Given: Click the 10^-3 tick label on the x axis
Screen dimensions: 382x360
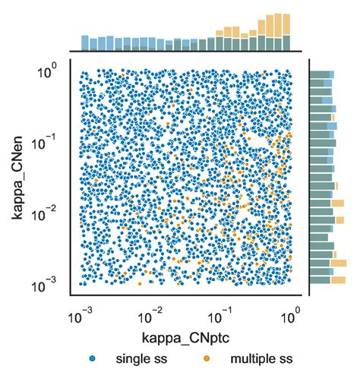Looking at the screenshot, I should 78,313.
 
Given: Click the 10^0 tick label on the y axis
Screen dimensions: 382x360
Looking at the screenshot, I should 47,71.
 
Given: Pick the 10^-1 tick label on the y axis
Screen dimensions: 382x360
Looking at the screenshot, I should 47,142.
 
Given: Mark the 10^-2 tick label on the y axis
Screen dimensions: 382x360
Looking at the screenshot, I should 47,213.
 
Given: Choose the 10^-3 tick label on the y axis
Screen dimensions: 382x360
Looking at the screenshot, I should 47,285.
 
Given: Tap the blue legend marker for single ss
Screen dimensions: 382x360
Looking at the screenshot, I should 92,358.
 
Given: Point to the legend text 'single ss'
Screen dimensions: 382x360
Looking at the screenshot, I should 139,358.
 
